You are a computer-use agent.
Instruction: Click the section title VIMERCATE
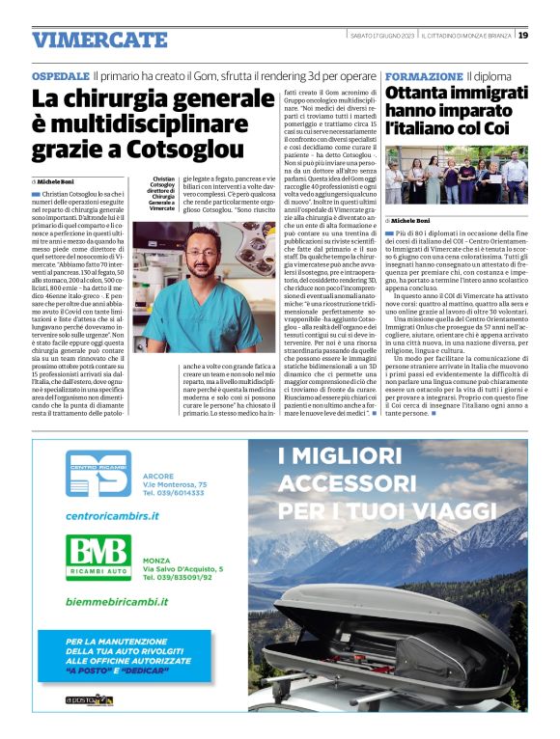99,40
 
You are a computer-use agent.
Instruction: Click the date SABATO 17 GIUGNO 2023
381,36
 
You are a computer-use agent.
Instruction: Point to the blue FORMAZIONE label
424,75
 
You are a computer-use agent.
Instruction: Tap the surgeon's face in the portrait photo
204,257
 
